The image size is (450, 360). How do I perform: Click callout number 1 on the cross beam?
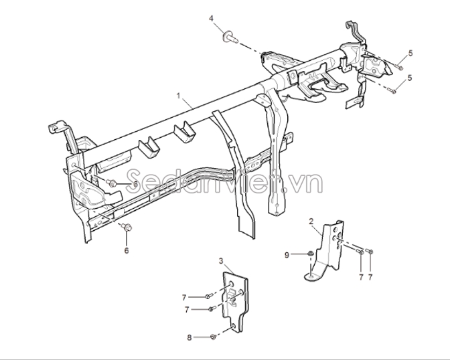(179, 96)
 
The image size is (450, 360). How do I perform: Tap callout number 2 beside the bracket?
(311, 221)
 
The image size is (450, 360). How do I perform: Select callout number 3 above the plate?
(221, 261)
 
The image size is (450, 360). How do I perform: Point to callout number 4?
(211, 18)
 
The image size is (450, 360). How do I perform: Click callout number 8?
(189, 338)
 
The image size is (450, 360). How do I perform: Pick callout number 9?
(287, 255)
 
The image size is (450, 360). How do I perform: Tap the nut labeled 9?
(310, 254)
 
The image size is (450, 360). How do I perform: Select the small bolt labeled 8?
(213, 337)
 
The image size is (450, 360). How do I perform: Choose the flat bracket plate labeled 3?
(235, 302)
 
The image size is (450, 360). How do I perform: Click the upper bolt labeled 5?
(400, 68)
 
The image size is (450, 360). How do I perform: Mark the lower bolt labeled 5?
(392, 91)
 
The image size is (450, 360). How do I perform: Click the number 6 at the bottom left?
(127, 250)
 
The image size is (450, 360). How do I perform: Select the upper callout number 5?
(410, 53)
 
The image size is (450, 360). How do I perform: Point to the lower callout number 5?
(410, 78)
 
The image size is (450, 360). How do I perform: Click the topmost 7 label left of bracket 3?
(184, 298)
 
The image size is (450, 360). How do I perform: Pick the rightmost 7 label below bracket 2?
(370, 277)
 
